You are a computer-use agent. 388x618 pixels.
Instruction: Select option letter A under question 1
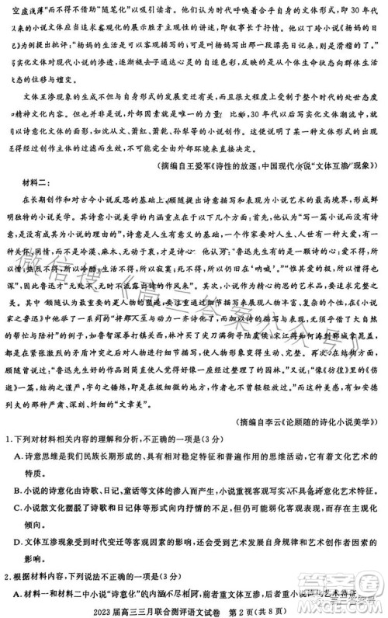19,457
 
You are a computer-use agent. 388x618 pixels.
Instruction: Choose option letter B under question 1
19,490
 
